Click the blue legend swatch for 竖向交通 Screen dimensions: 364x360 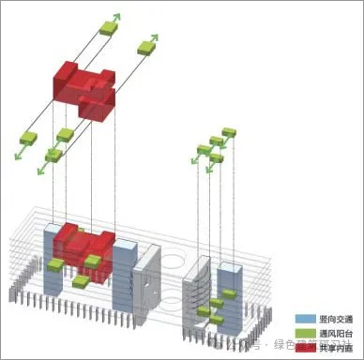(302, 319)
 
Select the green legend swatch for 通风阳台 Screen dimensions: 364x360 (302, 333)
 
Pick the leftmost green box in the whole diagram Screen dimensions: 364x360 (30, 139)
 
